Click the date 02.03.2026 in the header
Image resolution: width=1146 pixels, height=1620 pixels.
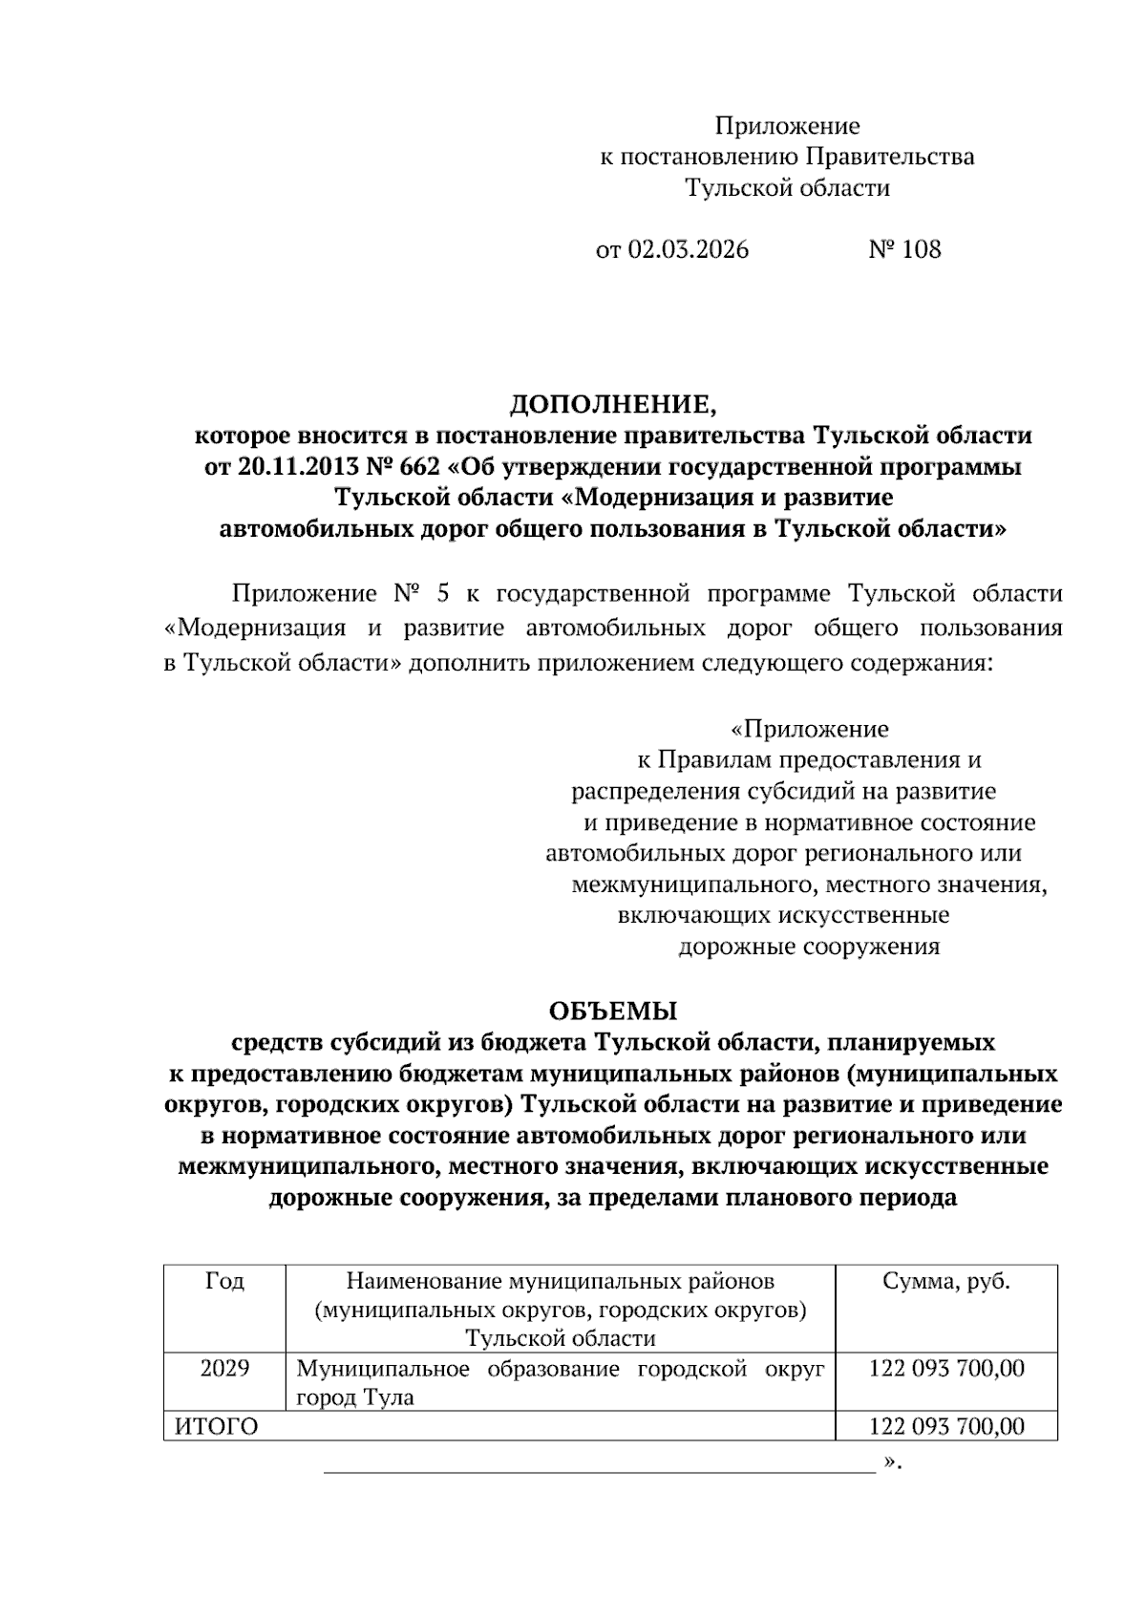pos(688,250)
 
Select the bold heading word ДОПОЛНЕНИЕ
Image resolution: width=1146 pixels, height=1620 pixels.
pos(611,405)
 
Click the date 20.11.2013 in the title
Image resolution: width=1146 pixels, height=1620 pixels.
pos(286,467)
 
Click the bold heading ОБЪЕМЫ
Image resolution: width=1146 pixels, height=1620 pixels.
pos(612,1010)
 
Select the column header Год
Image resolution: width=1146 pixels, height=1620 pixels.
pos(224,1281)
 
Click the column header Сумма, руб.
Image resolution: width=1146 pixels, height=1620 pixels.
pos(945,1281)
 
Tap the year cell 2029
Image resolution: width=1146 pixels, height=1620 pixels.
pos(224,1368)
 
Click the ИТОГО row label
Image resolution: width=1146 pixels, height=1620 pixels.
pos(217,1427)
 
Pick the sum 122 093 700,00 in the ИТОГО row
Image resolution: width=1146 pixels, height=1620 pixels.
pos(945,1427)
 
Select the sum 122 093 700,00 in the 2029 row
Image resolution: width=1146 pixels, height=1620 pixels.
pos(945,1368)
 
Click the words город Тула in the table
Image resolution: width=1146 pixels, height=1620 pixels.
pos(355,1397)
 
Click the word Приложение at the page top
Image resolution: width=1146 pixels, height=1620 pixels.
pos(787,126)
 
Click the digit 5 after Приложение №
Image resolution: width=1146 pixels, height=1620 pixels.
pos(442,594)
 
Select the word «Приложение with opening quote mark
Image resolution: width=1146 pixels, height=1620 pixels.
pos(809,730)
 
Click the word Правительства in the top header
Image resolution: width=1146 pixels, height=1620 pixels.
pos(890,157)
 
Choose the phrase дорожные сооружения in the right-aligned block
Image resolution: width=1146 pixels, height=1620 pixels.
pos(809,947)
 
